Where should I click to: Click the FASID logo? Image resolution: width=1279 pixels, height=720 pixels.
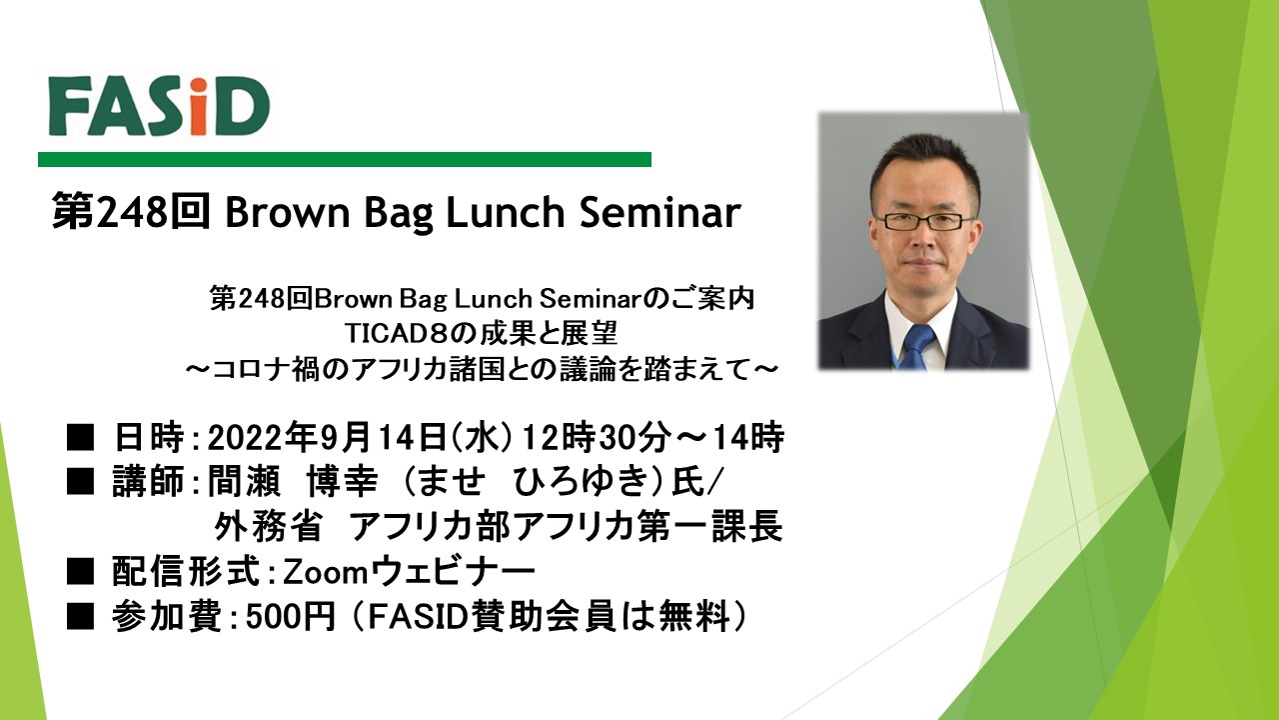coord(159,106)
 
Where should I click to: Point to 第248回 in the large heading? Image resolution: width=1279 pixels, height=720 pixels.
coord(131,211)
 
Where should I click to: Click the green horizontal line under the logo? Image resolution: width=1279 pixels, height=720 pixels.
coord(345,159)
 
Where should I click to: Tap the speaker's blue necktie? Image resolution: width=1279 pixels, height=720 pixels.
coord(917,346)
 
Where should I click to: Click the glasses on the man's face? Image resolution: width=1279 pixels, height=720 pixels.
coord(924,221)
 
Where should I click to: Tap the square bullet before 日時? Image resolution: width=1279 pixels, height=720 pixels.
coord(80,439)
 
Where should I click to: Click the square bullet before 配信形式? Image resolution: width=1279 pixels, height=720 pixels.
coord(80,572)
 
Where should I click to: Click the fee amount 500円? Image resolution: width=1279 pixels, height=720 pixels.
coord(290,617)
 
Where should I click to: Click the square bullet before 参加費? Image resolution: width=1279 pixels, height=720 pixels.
coord(80,617)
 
